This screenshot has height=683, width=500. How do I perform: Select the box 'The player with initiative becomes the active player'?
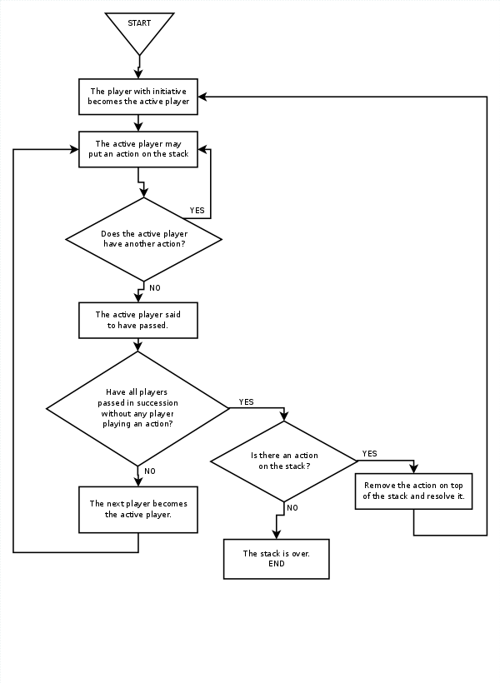(x=138, y=97)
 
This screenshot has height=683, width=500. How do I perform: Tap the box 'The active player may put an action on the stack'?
(x=138, y=149)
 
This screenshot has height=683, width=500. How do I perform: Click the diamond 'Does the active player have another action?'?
(x=143, y=239)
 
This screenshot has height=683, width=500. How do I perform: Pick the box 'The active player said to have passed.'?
(x=138, y=320)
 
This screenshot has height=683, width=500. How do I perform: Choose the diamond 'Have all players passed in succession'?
(x=137, y=408)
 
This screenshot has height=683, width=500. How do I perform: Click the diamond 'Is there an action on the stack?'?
(x=284, y=461)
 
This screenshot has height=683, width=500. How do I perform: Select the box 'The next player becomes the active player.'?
(x=138, y=509)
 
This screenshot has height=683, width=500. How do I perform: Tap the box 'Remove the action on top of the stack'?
(x=414, y=491)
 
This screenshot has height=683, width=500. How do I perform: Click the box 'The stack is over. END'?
(x=277, y=558)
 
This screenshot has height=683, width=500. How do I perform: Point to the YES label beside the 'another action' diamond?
(x=197, y=211)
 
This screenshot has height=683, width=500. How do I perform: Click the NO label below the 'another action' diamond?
(x=155, y=287)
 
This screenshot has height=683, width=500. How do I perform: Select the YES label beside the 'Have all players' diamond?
(x=246, y=402)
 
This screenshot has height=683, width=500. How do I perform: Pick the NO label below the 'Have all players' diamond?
(x=150, y=471)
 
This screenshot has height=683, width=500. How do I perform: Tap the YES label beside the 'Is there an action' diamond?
(x=369, y=454)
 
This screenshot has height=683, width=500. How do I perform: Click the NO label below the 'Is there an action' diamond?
(x=292, y=508)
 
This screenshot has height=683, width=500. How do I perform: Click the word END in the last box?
(x=277, y=564)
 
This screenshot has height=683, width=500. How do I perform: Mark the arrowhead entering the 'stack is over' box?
(x=277, y=534)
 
